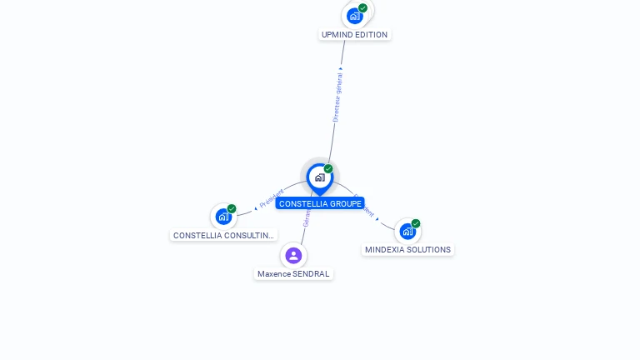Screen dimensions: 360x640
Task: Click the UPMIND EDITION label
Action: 354,35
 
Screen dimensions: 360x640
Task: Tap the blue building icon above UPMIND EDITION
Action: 355,15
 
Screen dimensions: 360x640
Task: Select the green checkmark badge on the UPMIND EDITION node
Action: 362,7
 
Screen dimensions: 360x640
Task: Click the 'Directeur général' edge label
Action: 337,97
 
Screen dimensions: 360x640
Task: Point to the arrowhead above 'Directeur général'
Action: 341,68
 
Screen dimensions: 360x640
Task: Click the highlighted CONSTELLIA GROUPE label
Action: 320,203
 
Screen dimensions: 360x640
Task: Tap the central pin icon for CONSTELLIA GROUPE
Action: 319,177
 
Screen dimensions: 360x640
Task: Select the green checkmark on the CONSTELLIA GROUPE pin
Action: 328,169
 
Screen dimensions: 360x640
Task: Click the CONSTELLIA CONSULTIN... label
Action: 223,236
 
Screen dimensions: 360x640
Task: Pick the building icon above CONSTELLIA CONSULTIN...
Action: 223,217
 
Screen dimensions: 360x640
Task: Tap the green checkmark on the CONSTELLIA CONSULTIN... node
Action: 232,208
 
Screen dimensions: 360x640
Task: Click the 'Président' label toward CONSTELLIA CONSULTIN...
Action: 272,198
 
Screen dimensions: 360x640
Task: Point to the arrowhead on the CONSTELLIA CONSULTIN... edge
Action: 255,207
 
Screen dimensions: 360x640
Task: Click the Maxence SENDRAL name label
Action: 293,274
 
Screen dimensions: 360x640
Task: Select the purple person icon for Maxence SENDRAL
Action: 293,255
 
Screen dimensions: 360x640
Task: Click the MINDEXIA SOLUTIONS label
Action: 407,250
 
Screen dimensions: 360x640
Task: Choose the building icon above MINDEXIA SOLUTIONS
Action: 407,231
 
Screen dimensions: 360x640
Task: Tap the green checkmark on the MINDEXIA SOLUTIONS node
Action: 416,223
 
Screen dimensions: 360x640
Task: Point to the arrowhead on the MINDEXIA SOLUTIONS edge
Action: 377,218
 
